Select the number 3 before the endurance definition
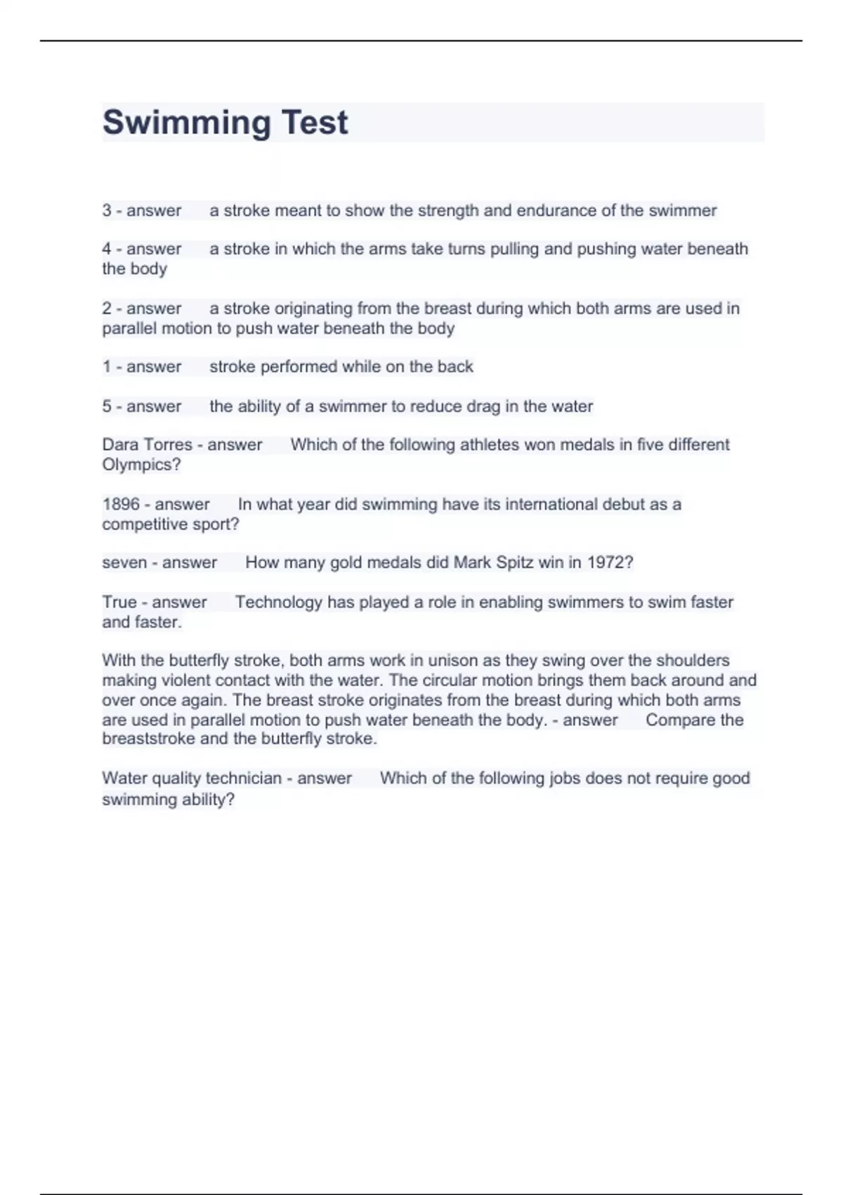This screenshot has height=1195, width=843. click(x=107, y=210)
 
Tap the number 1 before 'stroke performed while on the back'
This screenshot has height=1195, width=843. click(x=107, y=366)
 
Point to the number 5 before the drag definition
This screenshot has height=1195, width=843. click(x=107, y=406)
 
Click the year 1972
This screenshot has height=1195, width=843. click(x=609, y=562)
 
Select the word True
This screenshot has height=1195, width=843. click(x=119, y=602)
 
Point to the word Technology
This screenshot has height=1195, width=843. click(x=278, y=602)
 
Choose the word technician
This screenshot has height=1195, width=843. click(x=237, y=778)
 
